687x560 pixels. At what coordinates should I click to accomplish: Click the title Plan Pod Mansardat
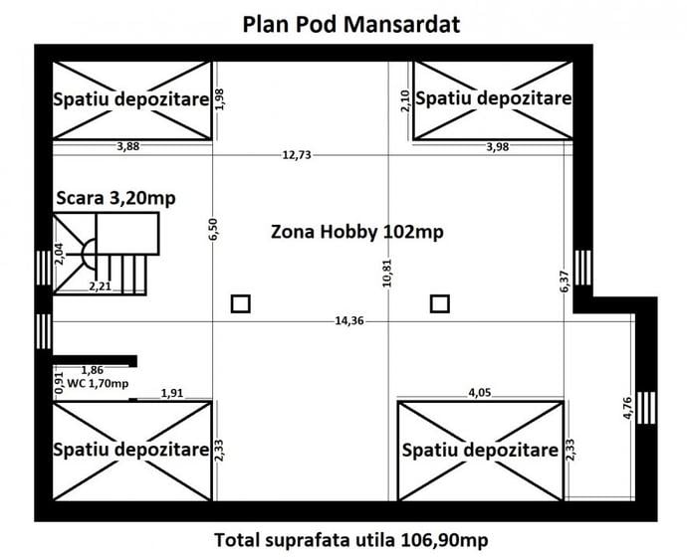click(x=351, y=24)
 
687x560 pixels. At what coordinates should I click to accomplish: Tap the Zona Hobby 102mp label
click(x=356, y=232)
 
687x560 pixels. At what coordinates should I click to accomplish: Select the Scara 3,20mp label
click(x=115, y=197)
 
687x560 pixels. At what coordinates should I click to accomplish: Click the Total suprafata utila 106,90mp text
click(x=351, y=540)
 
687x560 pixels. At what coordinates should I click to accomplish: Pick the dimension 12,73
click(x=297, y=154)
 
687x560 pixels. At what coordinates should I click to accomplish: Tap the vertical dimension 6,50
click(x=213, y=230)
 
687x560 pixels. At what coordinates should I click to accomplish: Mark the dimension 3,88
click(x=127, y=147)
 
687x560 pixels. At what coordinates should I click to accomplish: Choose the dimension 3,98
click(x=499, y=147)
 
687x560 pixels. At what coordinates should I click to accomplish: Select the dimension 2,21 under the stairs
click(x=100, y=286)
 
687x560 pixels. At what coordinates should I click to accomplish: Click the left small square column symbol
click(x=240, y=304)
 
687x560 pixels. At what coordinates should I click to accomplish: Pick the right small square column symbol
click(x=439, y=304)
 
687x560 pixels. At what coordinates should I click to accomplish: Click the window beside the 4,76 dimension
click(x=647, y=407)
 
